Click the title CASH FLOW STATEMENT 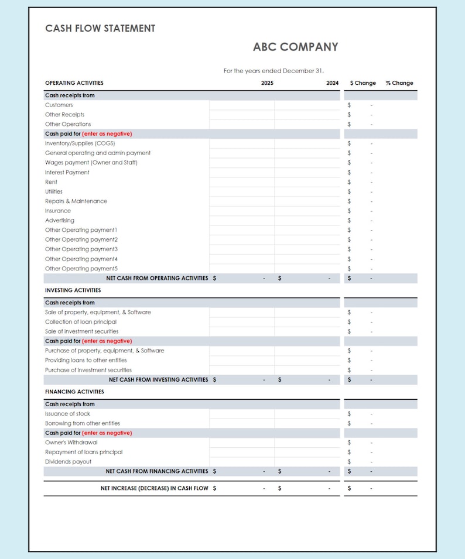tap(100, 28)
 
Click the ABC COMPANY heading tap(295, 47)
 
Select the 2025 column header tap(267, 83)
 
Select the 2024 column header tap(332, 83)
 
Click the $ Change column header tap(363, 83)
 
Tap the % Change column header tap(399, 83)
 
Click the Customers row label tap(59, 105)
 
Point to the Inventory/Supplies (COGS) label tap(80, 143)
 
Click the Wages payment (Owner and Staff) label tap(91, 163)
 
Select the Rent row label tap(52, 182)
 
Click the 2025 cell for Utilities tap(242, 191)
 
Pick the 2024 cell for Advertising tap(307, 221)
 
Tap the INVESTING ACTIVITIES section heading tap(73, 290)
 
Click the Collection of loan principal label tap(81, 322)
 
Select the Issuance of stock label tap(67, 414)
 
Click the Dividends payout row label tap(68, 462)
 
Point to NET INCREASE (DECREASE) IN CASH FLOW tap(154, 488)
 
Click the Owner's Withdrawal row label tap(71, 443)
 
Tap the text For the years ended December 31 tap(273, 71)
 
